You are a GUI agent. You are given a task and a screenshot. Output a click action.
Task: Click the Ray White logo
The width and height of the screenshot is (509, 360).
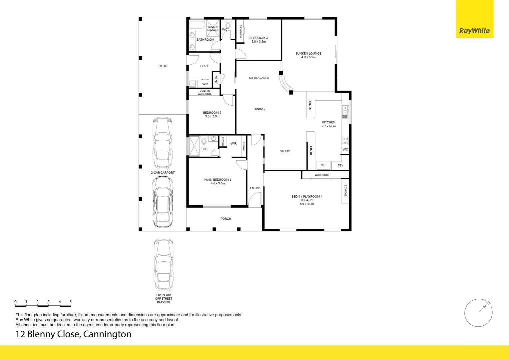click(474, 31)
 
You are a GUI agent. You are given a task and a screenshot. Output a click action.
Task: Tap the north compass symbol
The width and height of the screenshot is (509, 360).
click(478, 313)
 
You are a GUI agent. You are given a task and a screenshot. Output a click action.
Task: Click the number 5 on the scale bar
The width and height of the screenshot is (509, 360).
click(71, 302)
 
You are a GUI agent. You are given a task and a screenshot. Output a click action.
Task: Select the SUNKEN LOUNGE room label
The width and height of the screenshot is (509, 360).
click(308, 53)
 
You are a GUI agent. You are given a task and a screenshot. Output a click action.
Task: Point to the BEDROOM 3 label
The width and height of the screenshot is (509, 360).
click(258, 38)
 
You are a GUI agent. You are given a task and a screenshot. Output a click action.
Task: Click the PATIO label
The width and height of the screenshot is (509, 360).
click(163, 66)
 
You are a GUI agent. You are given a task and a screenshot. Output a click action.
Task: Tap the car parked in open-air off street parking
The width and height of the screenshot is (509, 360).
click(164, 265)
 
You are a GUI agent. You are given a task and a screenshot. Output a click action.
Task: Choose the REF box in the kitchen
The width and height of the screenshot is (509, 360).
click(323, 165)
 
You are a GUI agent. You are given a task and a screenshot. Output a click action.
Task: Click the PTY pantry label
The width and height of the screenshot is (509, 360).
click(340, 165)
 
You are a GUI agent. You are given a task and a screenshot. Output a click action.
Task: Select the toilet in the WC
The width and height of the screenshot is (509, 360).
click(228, 25)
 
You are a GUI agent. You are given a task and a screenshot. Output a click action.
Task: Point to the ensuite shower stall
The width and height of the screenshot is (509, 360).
click(194, 146)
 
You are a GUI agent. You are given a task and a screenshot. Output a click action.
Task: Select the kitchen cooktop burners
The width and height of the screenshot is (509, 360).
click(345, 141)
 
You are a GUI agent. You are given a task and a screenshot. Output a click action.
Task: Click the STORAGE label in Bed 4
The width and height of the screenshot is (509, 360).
click(345, 191)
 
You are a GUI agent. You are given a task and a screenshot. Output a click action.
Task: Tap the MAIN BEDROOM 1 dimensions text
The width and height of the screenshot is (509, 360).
click(218, 183)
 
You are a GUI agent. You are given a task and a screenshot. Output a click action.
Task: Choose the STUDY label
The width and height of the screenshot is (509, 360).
click(285, 151)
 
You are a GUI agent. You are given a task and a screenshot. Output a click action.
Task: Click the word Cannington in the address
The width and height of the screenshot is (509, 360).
click(107, 334)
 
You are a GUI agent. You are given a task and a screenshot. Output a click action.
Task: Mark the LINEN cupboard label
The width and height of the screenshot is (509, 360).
click(216, 80)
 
